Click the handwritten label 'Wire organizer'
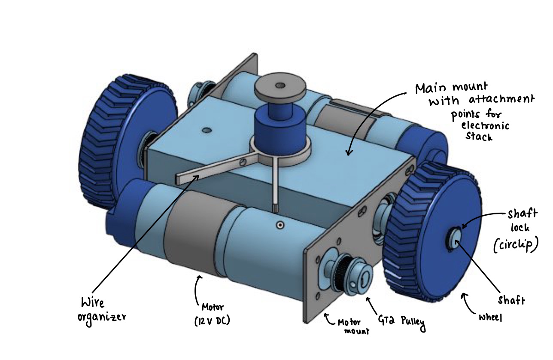pyautogui.click(x=101, y=312)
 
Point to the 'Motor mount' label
pyautogui.click(x=353, y=326)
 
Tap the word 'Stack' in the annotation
pyautogui.click(x=479, y=136)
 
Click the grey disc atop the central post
pyautogui.click(x=280, y=88)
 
